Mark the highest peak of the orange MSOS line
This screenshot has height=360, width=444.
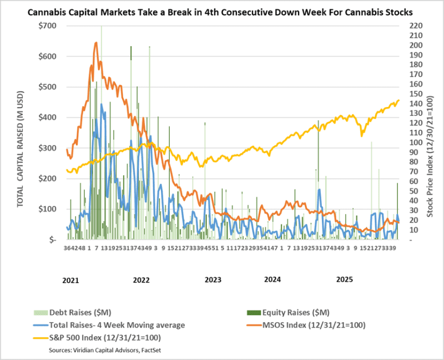(96, 42)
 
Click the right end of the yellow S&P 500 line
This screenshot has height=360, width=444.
(399, 100)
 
